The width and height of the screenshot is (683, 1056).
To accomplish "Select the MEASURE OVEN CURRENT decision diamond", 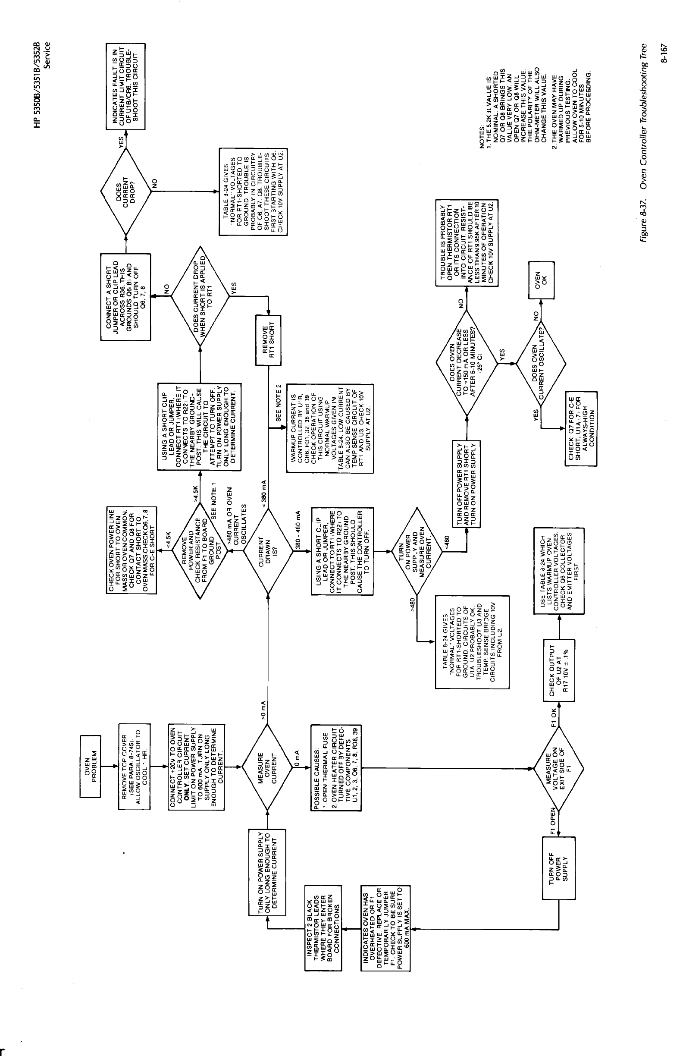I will (267, 766).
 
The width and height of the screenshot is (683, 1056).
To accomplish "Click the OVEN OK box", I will (541, 280).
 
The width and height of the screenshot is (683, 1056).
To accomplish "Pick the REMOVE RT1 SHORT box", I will (268, 340).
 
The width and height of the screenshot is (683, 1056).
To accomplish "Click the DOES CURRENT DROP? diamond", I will (126, 189).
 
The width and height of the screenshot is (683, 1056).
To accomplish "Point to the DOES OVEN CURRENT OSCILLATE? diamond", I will (541, 364).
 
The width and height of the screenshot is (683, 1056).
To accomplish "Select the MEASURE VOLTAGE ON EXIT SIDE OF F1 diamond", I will (558, 766).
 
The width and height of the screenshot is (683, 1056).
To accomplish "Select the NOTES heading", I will (482, 138).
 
